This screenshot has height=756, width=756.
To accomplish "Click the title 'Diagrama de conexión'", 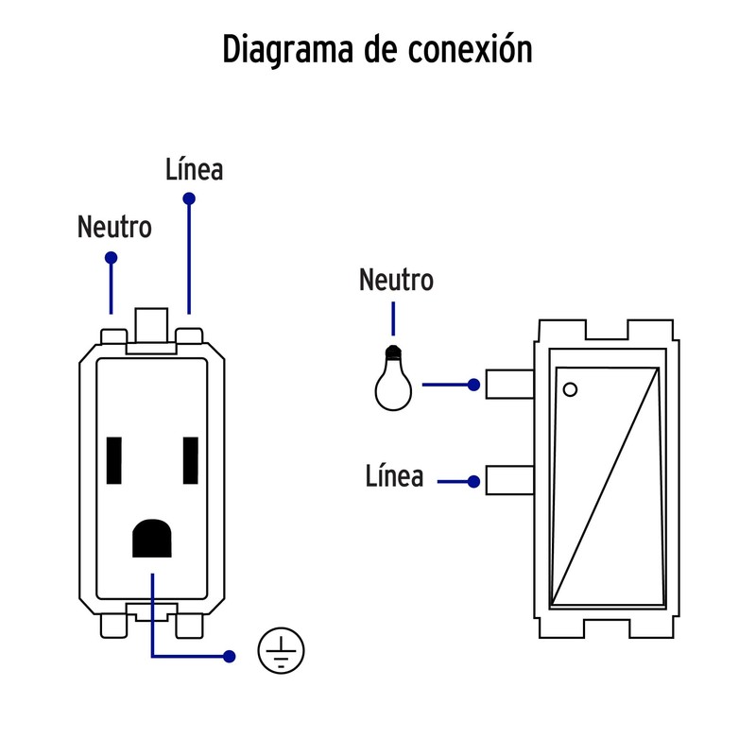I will [x=377, y=49].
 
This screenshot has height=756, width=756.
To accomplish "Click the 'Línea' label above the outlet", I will [x=194, y=170].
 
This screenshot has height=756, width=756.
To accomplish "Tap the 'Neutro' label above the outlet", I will [x=114, y=228].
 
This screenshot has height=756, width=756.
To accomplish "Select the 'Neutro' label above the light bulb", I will [x=396, y=281].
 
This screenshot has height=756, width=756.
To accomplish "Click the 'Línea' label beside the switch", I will [x=394, y=476].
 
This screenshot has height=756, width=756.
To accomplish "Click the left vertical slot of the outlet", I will [x=115, y=460].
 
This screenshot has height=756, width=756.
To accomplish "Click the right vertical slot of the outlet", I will [x=191, y=460].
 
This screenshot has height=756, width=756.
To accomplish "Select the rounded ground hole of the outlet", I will [x=151, y=540].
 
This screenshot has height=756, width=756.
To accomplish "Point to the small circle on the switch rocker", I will [x=569, y=388].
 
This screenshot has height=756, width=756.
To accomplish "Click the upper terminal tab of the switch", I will [x=510, y=384].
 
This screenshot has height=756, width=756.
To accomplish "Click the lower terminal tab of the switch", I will [x=510, y=480].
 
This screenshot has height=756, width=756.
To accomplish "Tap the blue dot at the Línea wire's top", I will [x=189, y=199].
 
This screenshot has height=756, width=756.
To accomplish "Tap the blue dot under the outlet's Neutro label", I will [x=112, y=258].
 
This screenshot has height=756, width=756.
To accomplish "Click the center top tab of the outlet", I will [x=151, y=326].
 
